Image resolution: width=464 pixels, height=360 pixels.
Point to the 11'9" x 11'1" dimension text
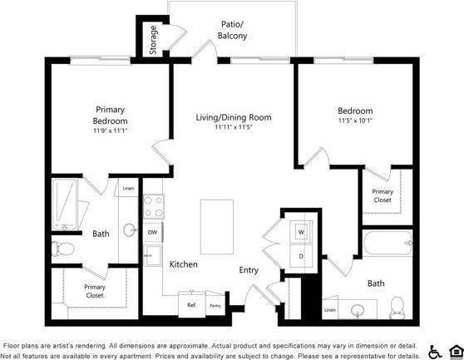[110, 131]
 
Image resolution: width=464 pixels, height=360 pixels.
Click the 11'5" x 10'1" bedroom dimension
[355, 121]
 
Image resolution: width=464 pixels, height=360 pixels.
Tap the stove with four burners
[153, 206]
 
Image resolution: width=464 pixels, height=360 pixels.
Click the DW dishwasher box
[153, 233]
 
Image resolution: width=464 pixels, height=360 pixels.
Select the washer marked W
[301, 231]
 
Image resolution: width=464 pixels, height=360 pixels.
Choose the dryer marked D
[301, 256]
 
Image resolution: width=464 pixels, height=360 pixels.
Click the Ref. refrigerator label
[191, 305]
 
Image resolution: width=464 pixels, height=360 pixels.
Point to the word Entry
[249, 269]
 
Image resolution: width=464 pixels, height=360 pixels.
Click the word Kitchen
[184, 264]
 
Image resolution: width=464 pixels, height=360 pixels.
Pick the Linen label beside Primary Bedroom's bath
[128, 189]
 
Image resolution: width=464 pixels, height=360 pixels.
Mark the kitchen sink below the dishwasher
[153, 255]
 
